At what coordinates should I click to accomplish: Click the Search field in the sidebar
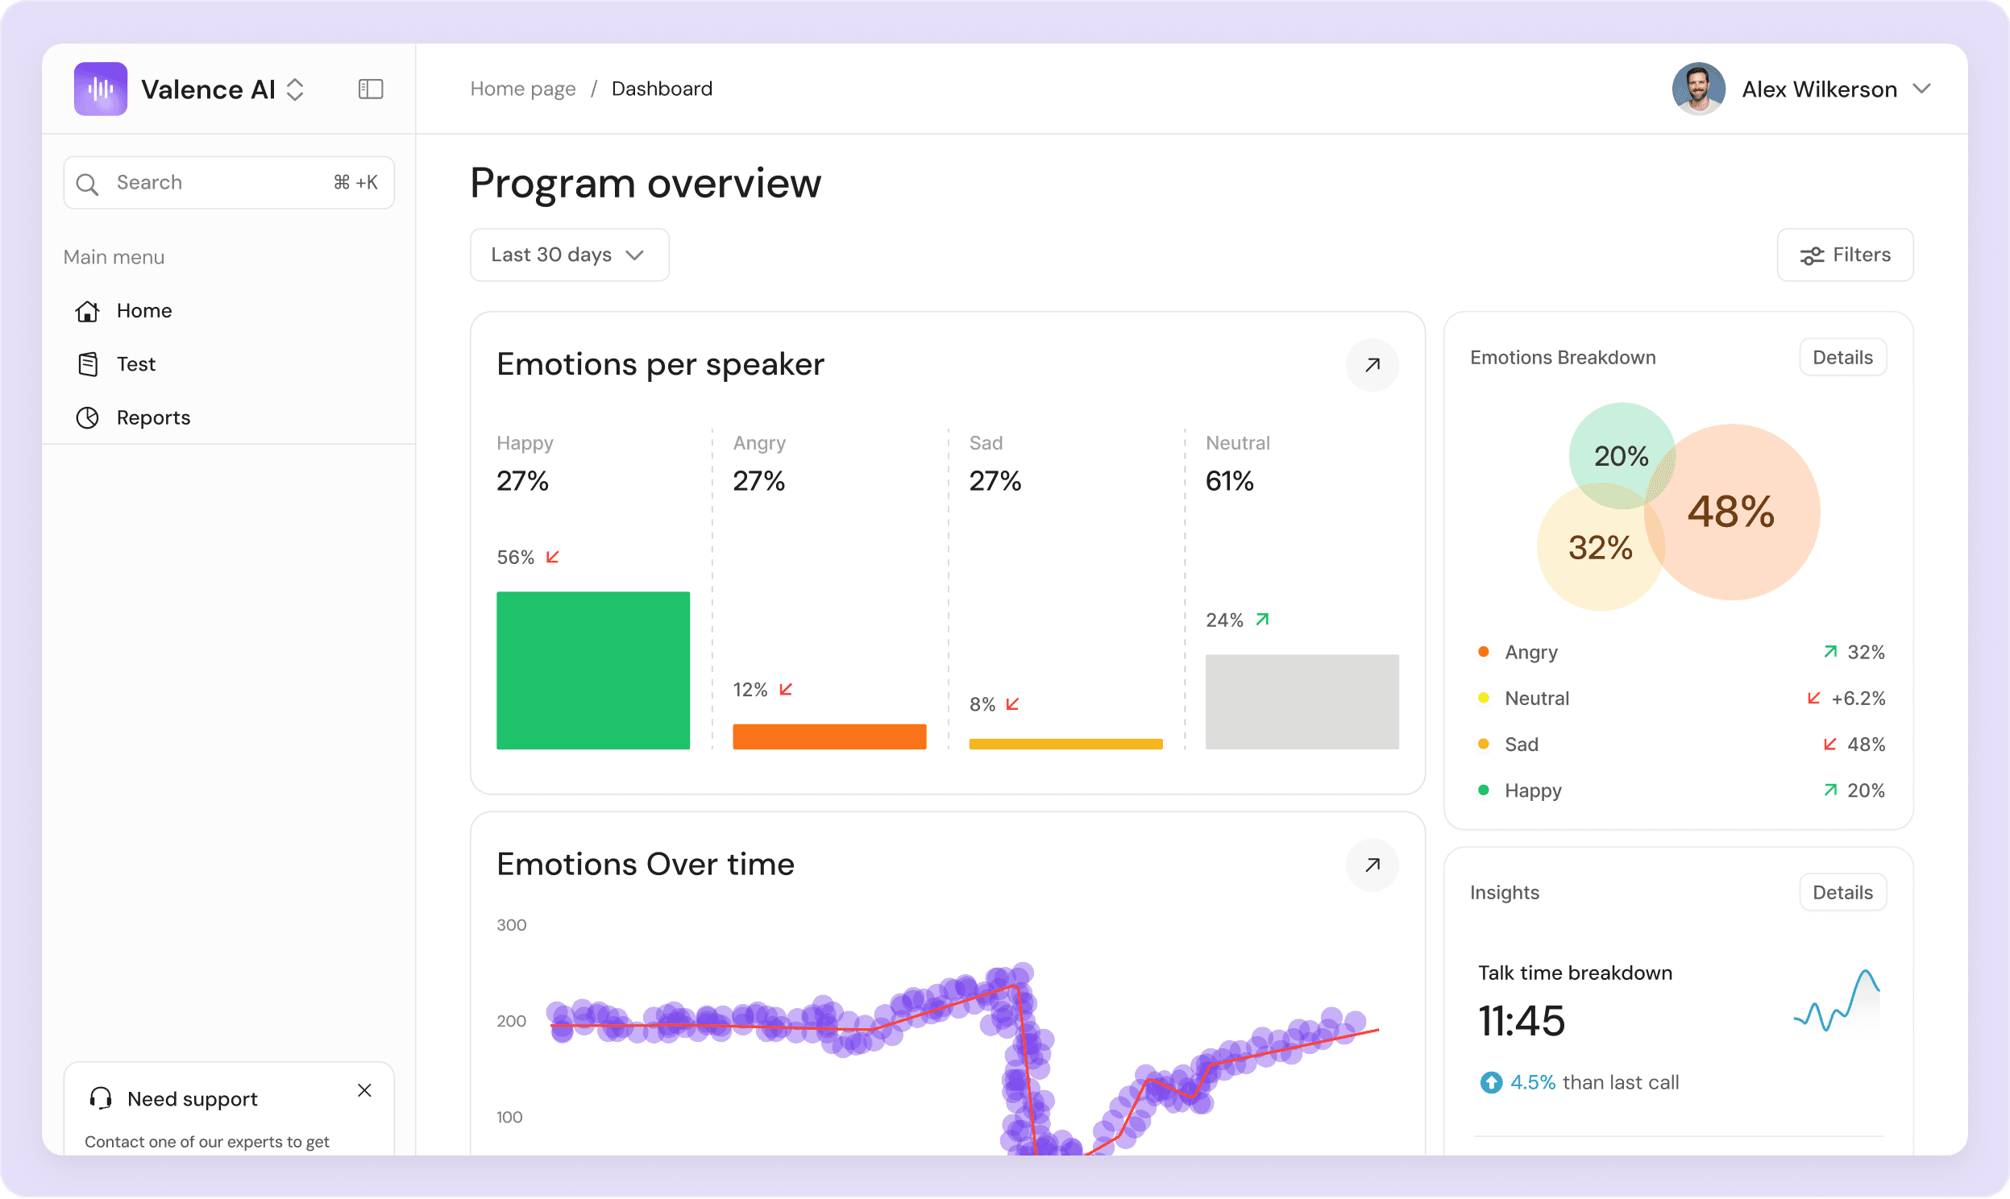(229, 183)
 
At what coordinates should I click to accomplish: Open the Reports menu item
(152, 417)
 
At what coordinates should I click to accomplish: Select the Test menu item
(135, 364)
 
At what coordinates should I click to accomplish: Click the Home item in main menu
(143, 311)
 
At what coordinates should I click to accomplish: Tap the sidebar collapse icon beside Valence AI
(371, 89)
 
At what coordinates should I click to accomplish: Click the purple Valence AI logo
(100, 89)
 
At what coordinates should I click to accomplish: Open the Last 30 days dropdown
(569, 255)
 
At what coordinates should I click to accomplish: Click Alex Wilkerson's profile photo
(1698, 89)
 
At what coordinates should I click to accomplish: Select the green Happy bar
(593, 670)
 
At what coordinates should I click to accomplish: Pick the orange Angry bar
(829, 736)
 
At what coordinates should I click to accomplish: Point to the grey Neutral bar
(1302, 701)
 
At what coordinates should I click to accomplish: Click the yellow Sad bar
(1065, 744)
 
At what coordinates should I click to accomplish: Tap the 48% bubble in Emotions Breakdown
(1731, 512)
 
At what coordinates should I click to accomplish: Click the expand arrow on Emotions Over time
(1372, 865)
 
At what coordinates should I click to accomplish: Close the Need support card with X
(364, 1091)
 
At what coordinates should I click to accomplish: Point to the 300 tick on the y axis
(512, 925)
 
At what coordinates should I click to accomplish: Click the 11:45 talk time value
(1522, 1020)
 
